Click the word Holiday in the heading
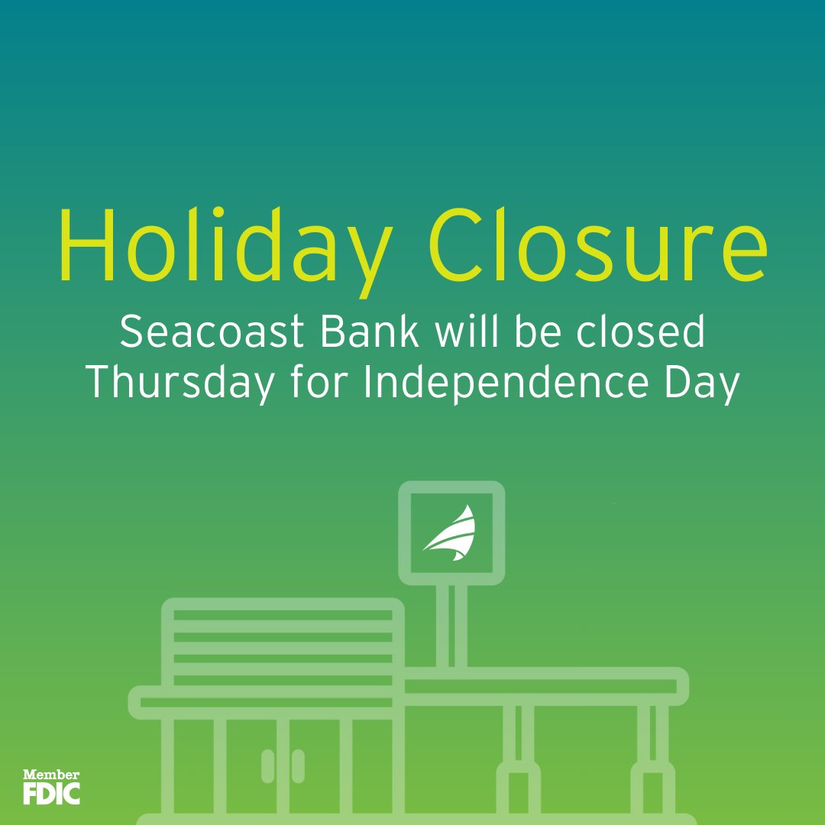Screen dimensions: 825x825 222,243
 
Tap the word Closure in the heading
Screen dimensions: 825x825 600,243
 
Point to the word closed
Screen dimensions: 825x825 642,333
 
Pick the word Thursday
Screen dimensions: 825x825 179,383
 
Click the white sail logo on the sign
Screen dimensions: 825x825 451,532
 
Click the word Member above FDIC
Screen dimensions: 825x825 51,774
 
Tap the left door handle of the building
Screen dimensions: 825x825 267,765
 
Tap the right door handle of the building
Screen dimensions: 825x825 298,765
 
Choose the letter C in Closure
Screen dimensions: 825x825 458,243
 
